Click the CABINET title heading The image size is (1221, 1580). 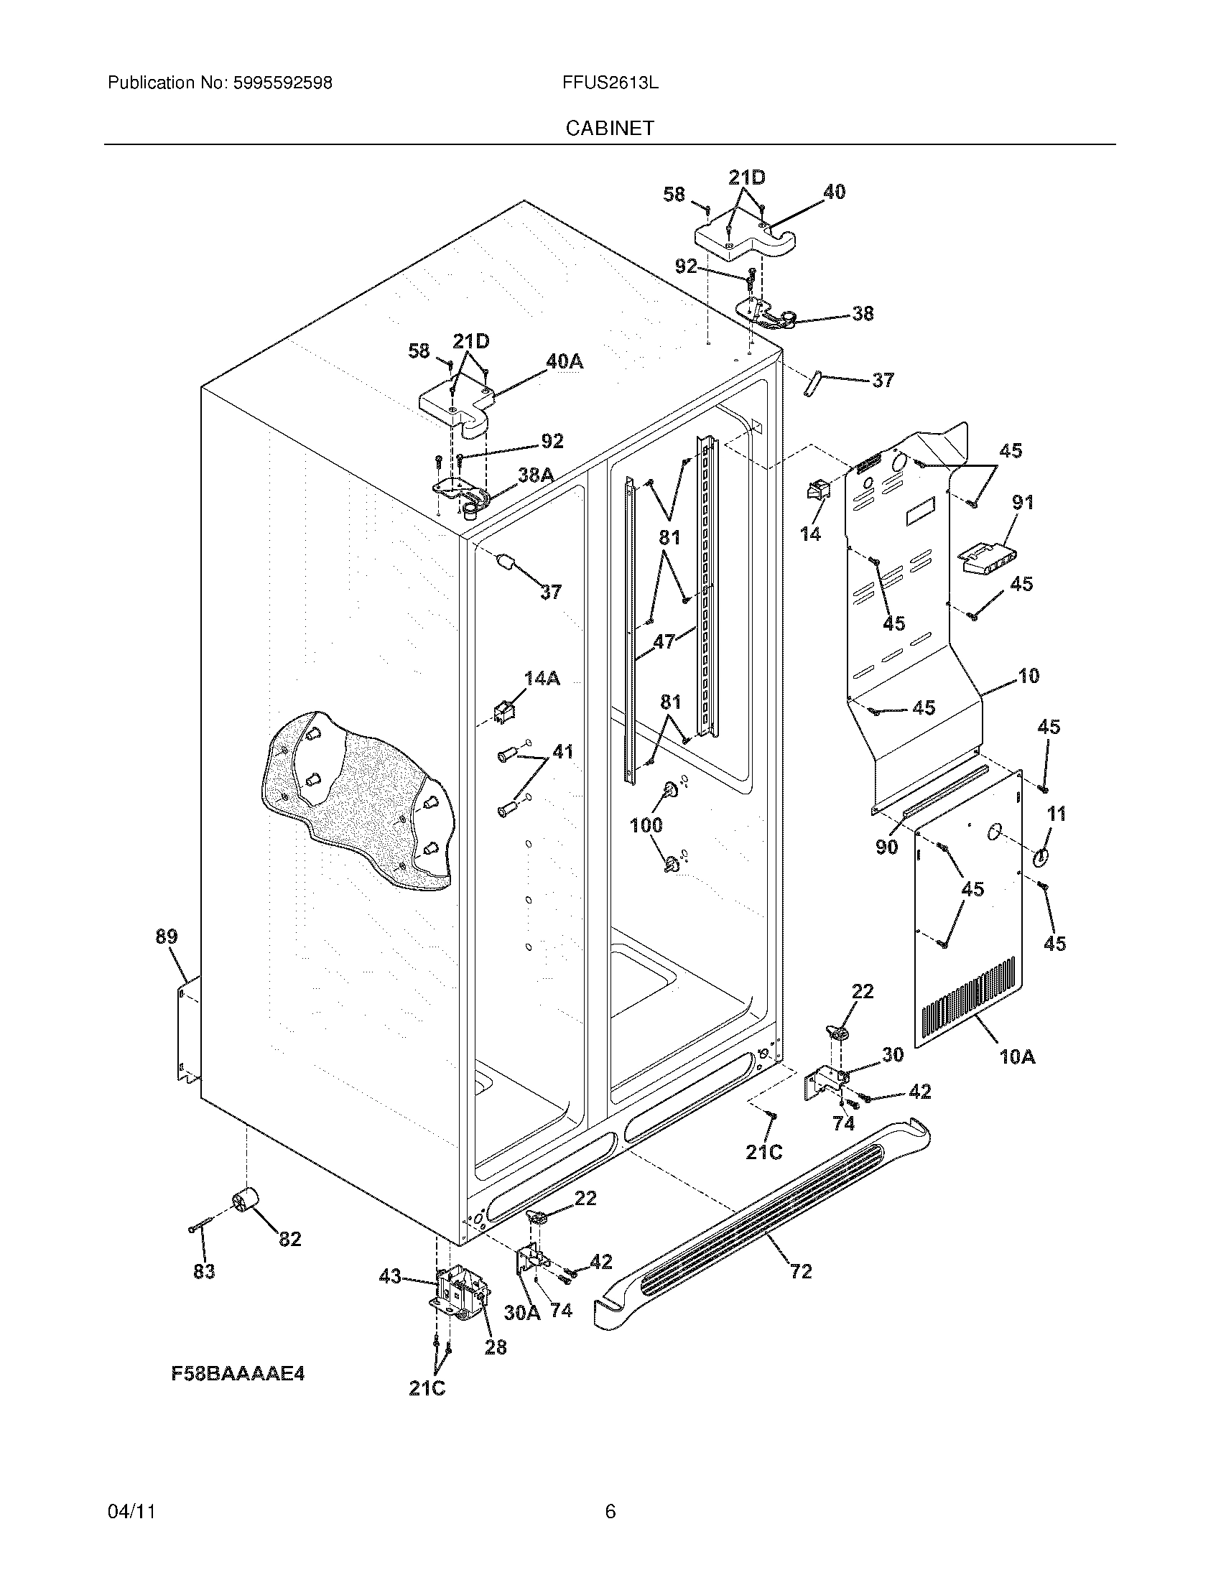point(609,128)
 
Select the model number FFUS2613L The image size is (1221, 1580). point(609,83)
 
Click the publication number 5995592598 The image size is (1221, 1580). point(283,83)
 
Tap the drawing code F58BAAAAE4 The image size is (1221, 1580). point(238,1374)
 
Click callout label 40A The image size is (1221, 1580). point(565,361)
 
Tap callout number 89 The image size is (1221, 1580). point(166,937)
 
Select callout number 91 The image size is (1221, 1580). point(1022,501)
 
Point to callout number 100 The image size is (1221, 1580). point(646,824)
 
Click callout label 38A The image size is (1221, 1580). point(536,475)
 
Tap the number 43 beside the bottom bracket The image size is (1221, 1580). point(390,1277)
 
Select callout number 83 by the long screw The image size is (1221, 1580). point(204,1271)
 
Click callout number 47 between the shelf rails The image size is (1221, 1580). point(664,640)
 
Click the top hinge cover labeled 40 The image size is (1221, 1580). point(738,238)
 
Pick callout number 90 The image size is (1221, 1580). point(887,846)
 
